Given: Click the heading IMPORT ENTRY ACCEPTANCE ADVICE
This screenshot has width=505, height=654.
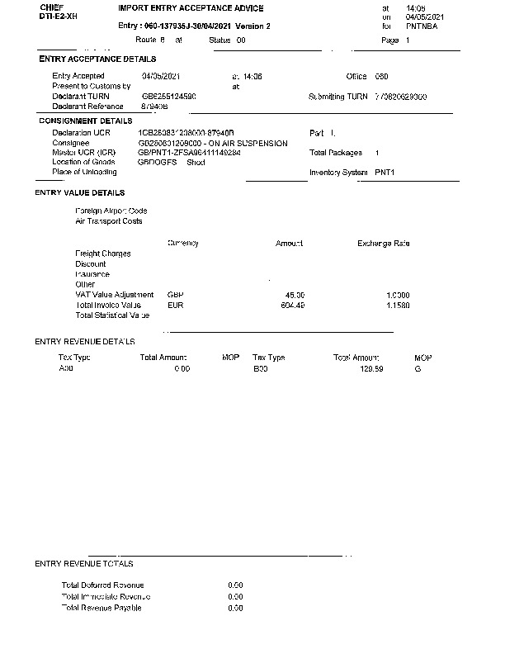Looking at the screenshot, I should (191, 8).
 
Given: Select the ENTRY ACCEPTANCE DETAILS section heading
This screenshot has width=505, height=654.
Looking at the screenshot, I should (97, 59).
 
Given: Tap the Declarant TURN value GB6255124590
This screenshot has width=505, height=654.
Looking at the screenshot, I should (169, 97).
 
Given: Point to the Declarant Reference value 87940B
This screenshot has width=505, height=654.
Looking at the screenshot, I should (155, 107).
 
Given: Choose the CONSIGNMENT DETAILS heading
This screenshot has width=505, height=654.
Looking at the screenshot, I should (85, 121).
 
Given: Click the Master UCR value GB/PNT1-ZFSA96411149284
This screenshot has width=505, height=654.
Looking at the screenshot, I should (190, 153).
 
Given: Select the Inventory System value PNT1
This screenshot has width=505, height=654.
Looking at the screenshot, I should (385, 173).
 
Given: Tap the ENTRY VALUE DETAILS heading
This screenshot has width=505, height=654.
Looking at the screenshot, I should (80, 192).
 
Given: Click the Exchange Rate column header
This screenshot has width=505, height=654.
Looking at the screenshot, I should (383, 244).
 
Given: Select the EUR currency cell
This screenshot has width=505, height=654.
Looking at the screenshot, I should (175, 305).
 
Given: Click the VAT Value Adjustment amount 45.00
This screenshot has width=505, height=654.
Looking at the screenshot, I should (295, 295).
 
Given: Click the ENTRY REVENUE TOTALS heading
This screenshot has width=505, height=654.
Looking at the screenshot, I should (84, 563).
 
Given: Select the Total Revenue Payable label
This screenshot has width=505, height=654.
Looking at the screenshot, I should (101, 608).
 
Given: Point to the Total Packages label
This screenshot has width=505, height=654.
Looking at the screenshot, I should (336, 153).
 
